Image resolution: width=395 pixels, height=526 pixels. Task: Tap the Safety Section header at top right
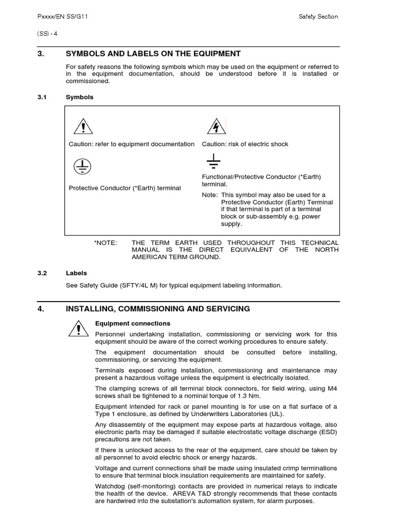318,16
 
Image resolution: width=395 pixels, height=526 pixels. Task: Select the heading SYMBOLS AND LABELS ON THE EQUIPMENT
153,53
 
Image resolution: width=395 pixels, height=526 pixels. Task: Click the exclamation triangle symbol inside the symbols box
83,126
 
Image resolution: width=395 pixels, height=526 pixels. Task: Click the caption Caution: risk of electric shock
245,144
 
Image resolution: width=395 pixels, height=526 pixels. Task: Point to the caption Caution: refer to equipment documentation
132,144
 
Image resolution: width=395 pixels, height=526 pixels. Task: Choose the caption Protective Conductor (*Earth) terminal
125,188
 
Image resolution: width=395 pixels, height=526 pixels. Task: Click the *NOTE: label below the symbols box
106,242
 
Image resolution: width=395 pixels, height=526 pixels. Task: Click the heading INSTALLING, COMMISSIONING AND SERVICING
158,309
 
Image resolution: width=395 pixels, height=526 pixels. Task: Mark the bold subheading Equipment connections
133,324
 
